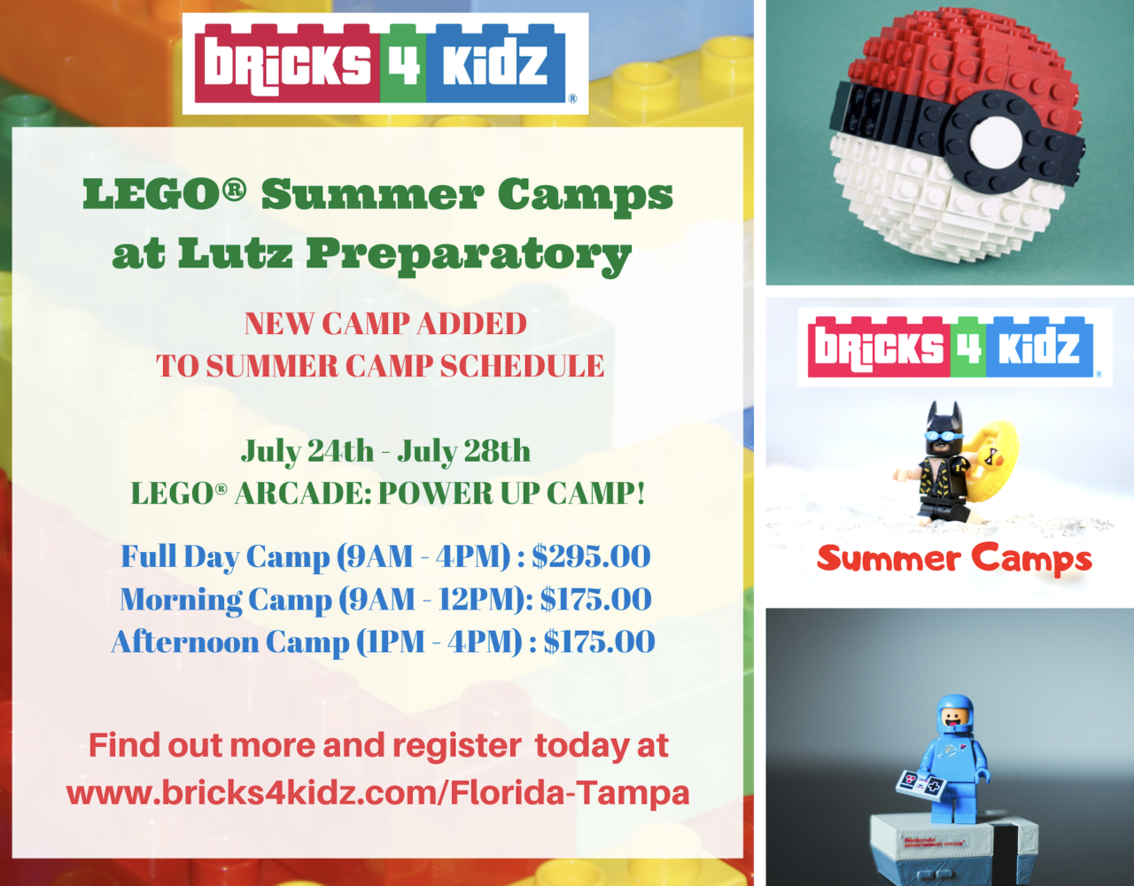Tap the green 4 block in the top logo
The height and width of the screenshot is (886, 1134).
click(402, 64)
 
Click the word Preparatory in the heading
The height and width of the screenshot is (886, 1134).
click(469, 255)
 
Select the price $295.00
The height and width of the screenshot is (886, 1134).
click(591, 556)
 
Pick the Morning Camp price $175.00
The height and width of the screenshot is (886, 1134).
click(596, 599)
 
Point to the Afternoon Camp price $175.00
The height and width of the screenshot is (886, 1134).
click(599, 641)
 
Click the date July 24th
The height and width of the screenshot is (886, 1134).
click(307, 451)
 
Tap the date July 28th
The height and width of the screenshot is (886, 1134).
click(464, 451)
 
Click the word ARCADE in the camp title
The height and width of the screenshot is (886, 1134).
click(303, 494)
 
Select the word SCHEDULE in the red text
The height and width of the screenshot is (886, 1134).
click(522, 366)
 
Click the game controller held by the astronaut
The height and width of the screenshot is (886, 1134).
click(920, 784)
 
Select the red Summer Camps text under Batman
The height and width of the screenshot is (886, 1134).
click(954, 558)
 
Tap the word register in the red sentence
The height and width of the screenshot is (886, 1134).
click(456, 746)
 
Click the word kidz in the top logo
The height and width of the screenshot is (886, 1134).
click(495, 64)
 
